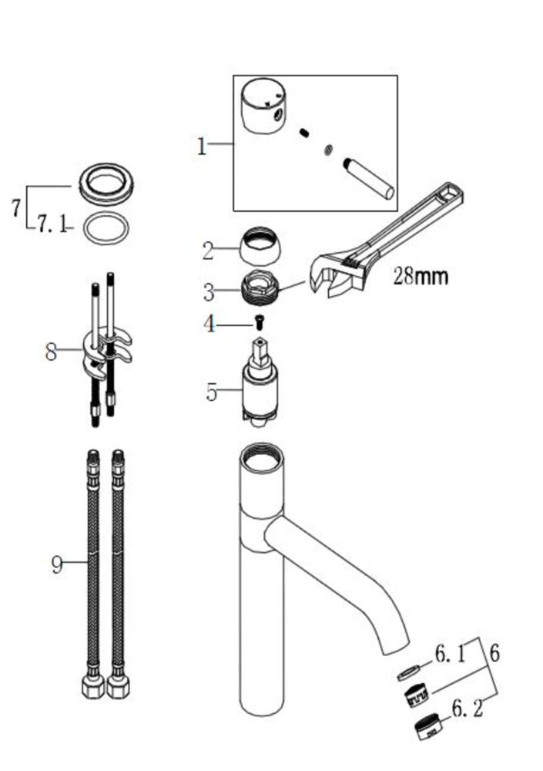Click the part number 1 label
pos(202,146)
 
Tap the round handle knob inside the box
pos(263,106)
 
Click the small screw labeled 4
pos(259,322)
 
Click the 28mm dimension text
pos(421,276)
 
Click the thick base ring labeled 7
pos(106,183)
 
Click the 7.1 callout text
pos(52,224)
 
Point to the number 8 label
pos(51,352)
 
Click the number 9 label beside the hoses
pos(58,564)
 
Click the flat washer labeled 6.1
pos(408,672)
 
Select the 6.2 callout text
pos(467,709)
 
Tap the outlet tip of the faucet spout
pos(396,648)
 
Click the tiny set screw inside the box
pos(305,133)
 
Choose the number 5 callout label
pos(211,392)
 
